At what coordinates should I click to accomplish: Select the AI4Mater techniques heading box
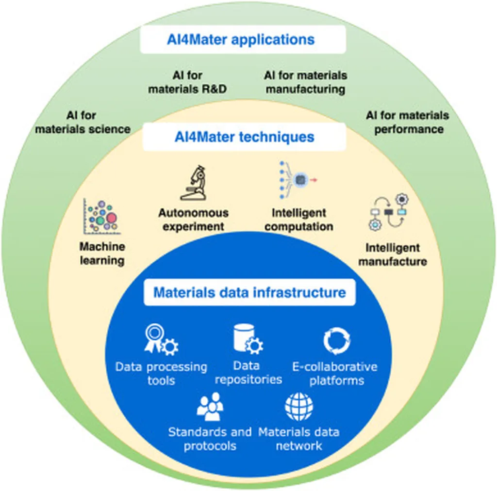point(244,137)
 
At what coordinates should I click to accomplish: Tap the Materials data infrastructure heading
point(249,293)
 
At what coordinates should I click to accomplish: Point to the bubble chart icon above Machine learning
point(101,215)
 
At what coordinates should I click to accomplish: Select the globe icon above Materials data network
point(299,406)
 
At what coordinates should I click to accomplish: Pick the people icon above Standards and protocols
point(210,406)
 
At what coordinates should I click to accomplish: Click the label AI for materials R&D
point(187,82)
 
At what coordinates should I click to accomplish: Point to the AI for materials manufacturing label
point(305,82)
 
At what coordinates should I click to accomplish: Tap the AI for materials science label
point(83,122)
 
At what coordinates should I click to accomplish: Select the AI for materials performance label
point(407,122)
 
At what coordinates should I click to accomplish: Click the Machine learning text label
point(102,253)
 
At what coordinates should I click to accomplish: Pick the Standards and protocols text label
point(210,439)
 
